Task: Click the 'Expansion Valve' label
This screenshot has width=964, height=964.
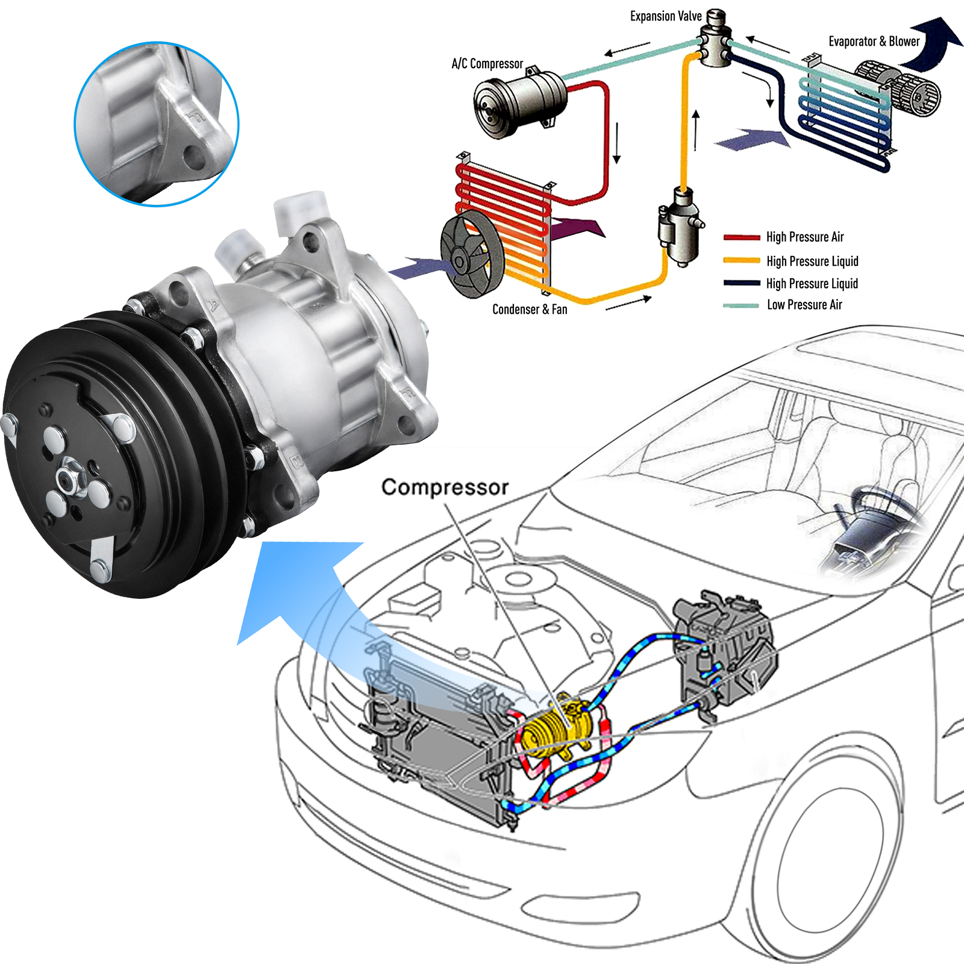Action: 665,16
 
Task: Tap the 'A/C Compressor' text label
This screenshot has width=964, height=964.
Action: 487,63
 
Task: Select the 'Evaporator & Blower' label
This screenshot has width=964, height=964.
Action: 874,42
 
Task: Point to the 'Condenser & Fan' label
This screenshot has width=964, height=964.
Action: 530,309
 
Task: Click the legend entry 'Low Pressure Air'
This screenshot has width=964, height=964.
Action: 804,305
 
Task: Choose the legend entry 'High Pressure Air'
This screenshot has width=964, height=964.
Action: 804,237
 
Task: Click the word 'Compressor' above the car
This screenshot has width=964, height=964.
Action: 445,487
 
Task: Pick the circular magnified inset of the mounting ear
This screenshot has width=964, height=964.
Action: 157,124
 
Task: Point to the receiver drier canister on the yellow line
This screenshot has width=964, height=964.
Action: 680,226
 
